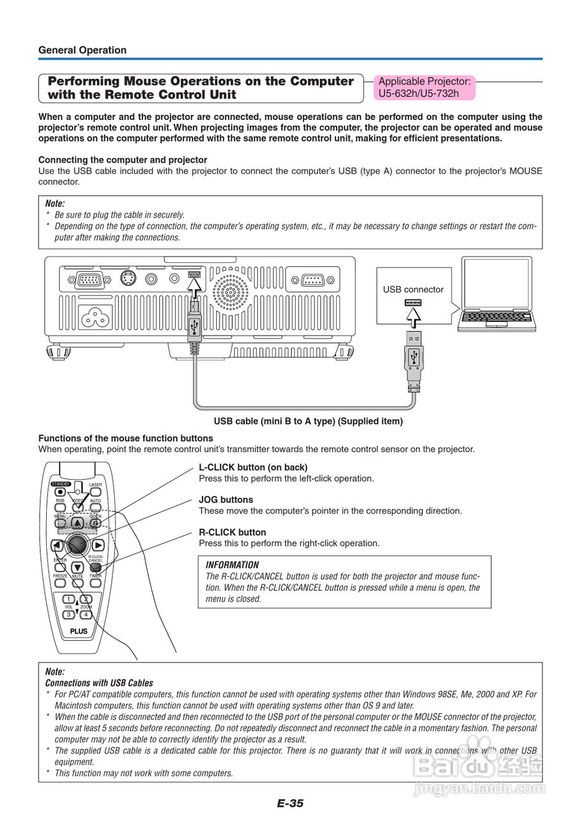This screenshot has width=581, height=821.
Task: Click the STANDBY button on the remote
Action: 60,492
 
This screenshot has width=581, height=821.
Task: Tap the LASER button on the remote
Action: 96,492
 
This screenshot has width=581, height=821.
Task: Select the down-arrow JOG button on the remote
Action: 78,567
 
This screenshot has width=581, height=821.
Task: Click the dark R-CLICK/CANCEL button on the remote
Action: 96,567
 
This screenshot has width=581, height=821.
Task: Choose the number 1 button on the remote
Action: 69,599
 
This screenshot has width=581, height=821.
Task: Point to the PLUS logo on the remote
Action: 78,632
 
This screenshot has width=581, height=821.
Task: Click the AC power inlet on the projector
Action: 94,314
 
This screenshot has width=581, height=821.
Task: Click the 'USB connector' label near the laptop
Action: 413,289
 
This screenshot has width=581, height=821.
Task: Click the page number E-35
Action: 290,803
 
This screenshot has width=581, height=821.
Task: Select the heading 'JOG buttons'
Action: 226,500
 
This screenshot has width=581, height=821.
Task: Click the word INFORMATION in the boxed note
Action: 232,565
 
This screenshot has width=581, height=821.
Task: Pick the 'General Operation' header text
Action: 82,50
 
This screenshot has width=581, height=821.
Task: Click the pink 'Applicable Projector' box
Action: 424,87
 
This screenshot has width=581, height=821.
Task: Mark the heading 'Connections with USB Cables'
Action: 99,683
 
